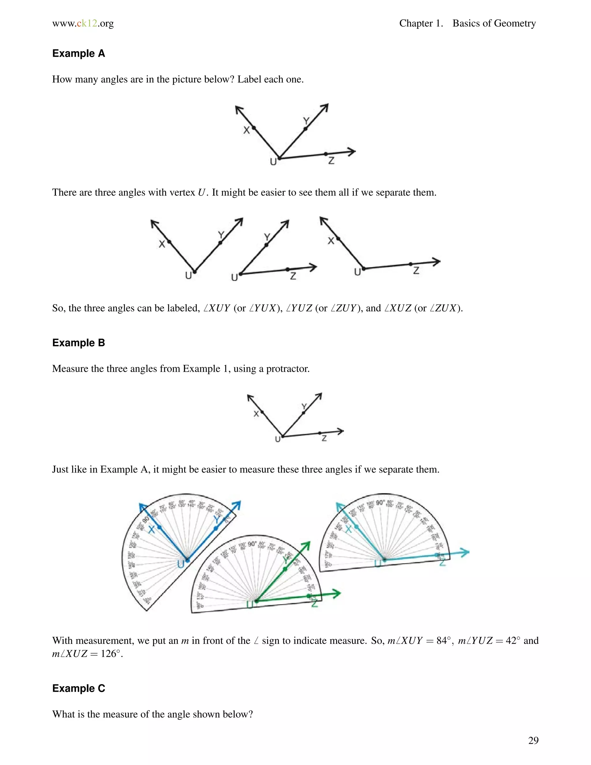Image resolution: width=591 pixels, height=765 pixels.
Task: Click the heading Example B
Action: click(x=78, y=343)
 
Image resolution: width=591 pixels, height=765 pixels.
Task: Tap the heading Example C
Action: click(x=78, y=688)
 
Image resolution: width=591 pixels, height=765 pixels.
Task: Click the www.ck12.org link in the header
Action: click(x=83, y=23)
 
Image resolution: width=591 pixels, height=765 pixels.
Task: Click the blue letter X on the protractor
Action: click(x=152, y=530)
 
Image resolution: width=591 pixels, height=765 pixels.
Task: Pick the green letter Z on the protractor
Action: click(x=315, y=603)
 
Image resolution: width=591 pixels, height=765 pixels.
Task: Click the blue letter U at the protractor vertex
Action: click(x=181, y=564)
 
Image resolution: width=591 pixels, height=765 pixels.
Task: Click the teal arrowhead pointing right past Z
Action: click(x=465, y=552)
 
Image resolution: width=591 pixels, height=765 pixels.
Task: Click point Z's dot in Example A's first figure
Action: click(x=326, y=154)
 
